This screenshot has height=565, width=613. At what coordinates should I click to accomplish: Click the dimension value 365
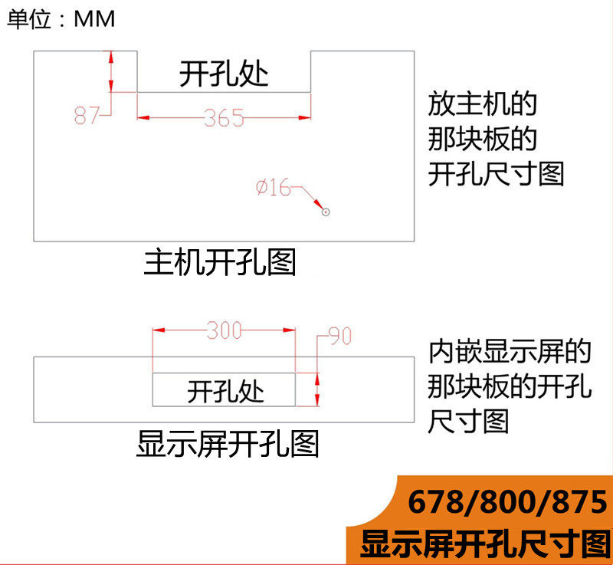pyautogui.click(x=224, y=118)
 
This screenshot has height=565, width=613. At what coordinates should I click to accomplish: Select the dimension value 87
pyautogui.click(x=87, y=115)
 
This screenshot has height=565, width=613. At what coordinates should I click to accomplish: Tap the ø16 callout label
pyautogui.click(x=274, y=187)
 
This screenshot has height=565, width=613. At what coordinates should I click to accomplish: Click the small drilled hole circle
pyautogui.click(x=326, y=212)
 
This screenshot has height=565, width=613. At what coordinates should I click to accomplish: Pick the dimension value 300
pyautogui.click(x=224, y=330)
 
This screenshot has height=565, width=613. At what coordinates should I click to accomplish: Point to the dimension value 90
pyautogui.click(x=339, y=336)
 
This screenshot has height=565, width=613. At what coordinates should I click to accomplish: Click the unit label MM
pyautogui.click(x=94, y=19)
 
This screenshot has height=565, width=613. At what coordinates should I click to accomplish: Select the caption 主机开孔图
pyautogui.click(x=220, y=262)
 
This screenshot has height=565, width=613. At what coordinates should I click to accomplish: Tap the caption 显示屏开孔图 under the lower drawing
pyautogui.click(x=228, y=444)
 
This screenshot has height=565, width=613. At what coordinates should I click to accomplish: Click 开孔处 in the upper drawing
pyautogui.click(x=224, y=74)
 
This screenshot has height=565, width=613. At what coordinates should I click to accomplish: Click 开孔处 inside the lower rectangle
pyautogui.click(x=225, y=392)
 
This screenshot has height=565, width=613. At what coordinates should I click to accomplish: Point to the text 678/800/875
pyautogui.click(x=507, y=501)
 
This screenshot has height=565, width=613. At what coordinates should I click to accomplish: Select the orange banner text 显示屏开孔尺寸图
pyautogui.click(x=485, y=544)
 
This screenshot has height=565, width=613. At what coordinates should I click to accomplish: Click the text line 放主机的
pyautogui.click(x=483, y=104)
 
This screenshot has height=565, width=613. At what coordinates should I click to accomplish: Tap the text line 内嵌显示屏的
pyautogui.click(x=510, y=352)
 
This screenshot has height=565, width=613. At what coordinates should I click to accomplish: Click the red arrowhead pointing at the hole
pyautogui.click(x=319, y=205)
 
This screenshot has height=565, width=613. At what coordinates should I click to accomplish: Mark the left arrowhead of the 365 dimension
pyautogui.click(x=143, y=117)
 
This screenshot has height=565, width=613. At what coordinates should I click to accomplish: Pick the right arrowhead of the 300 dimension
pyautogui.click(x=289, y=330)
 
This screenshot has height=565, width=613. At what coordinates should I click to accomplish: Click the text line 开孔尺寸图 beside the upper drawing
pyautogui.click(x=496, y=174)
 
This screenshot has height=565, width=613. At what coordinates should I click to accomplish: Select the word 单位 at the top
pyautogui.click(x=29, y=19)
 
